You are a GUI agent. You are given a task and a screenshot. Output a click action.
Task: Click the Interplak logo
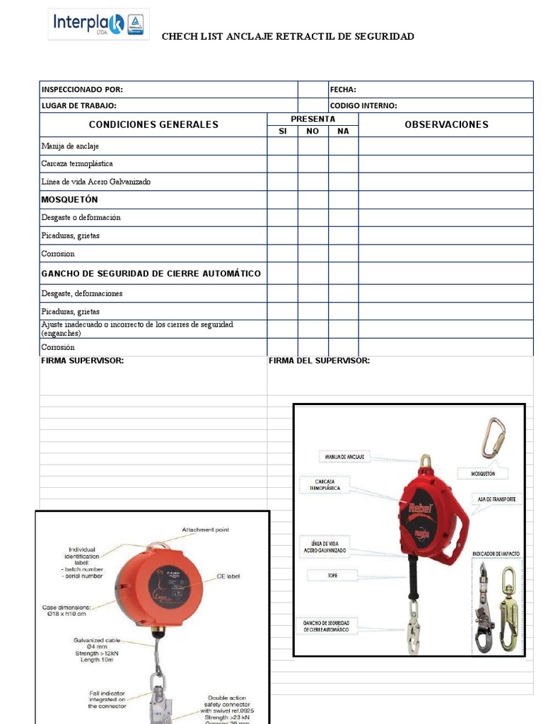[98, 24]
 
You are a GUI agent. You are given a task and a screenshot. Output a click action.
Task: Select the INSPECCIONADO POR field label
[82, 90]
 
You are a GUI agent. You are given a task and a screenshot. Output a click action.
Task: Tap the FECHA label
[343, 90]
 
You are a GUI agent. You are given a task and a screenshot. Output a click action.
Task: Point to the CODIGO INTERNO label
[363, 106]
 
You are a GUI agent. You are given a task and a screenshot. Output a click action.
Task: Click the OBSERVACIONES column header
[446, 124]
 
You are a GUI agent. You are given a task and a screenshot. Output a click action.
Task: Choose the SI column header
[282, 132]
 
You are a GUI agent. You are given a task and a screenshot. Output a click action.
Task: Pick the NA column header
[343, 132]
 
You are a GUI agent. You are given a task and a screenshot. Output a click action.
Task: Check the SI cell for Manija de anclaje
[282, 146]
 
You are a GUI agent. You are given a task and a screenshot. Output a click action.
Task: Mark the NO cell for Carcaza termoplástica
[313, 164]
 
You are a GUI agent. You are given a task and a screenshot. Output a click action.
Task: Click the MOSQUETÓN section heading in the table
[69, 200]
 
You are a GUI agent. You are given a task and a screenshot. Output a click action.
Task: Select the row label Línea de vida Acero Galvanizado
[95, 182]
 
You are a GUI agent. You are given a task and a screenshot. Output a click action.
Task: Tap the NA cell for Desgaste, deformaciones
[343, 293]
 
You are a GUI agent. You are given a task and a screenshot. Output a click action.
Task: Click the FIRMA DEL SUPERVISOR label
[319, 361]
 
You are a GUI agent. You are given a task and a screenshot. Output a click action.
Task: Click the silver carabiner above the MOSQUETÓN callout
[492, 438]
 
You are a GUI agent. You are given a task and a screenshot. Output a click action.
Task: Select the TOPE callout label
[332, 576]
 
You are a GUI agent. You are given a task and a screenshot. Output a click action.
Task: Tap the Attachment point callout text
[205, 530]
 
